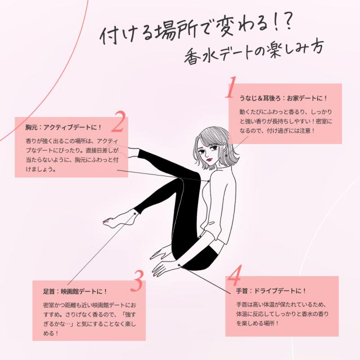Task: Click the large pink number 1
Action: click(231, 88)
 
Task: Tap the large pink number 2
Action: click(120, 122)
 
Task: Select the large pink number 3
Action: click(138, 281)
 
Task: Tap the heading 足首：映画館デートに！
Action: click(75, 291)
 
